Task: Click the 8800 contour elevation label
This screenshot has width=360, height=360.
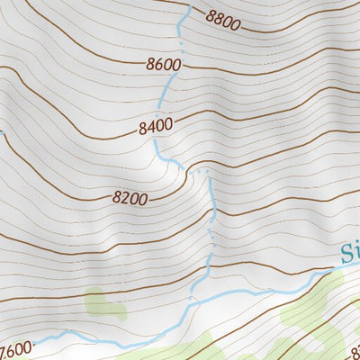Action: point(222,17)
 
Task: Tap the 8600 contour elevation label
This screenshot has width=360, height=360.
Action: point(163,65)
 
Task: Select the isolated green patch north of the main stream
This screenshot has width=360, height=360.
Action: point(105,303)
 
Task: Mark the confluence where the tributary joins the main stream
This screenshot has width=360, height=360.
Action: point(192,301)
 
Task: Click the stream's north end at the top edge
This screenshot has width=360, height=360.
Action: point(188,7)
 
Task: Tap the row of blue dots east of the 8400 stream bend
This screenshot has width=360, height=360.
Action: point(202,170)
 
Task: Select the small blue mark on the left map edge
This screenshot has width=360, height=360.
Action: point(2,134)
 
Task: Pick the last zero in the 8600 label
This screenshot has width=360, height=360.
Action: point(176,65)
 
